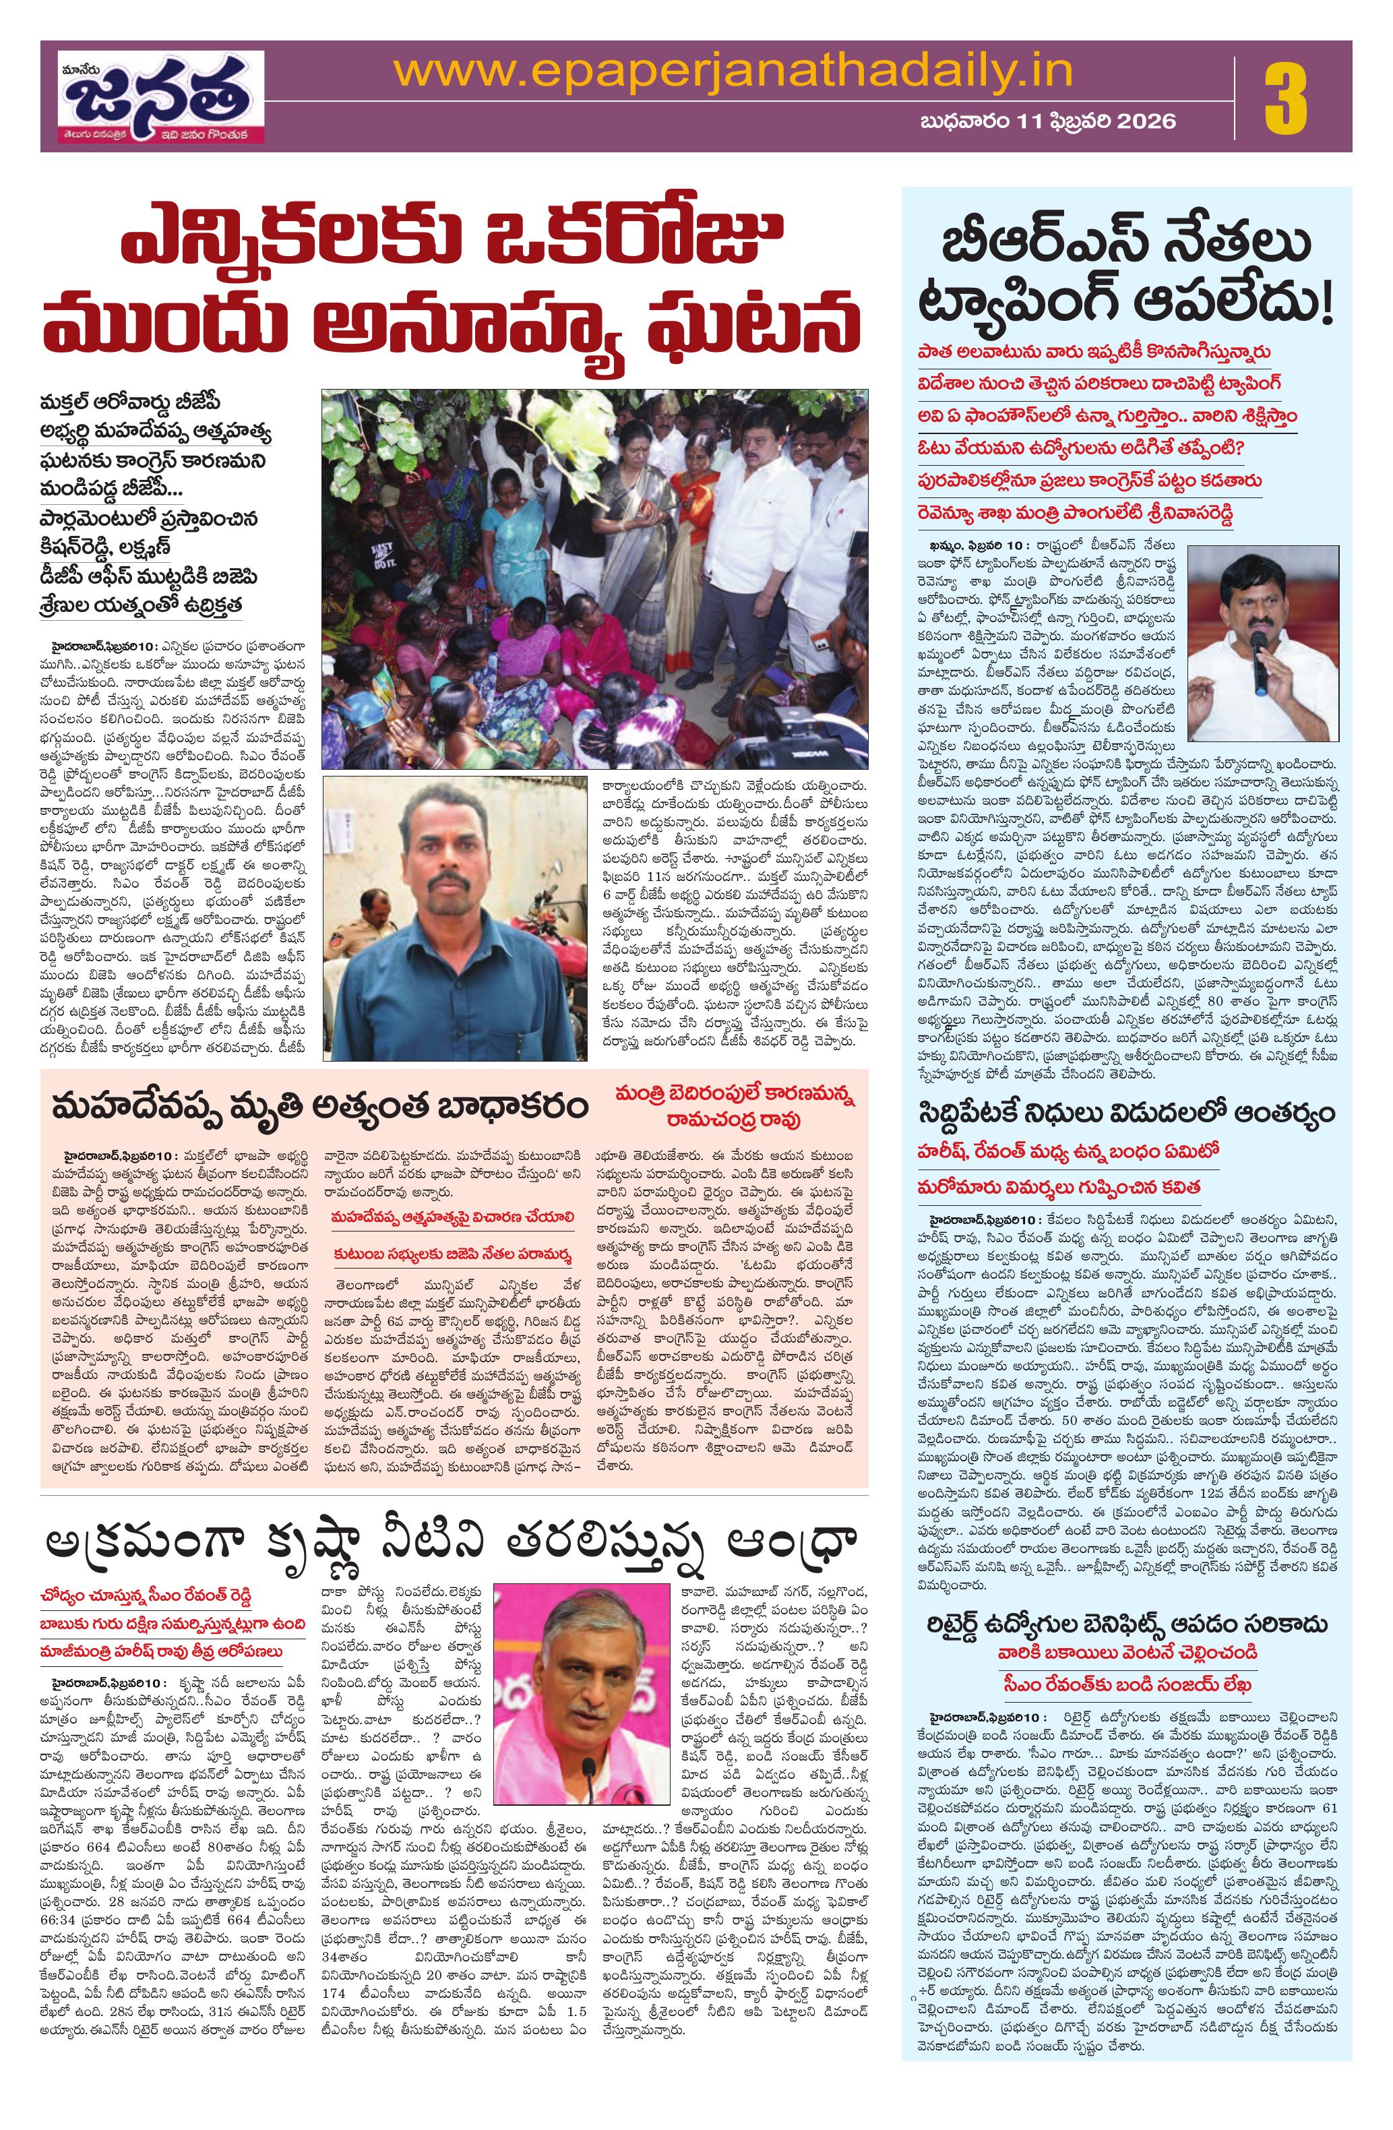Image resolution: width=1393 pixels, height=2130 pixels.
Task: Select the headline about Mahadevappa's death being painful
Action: point(320,1107)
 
